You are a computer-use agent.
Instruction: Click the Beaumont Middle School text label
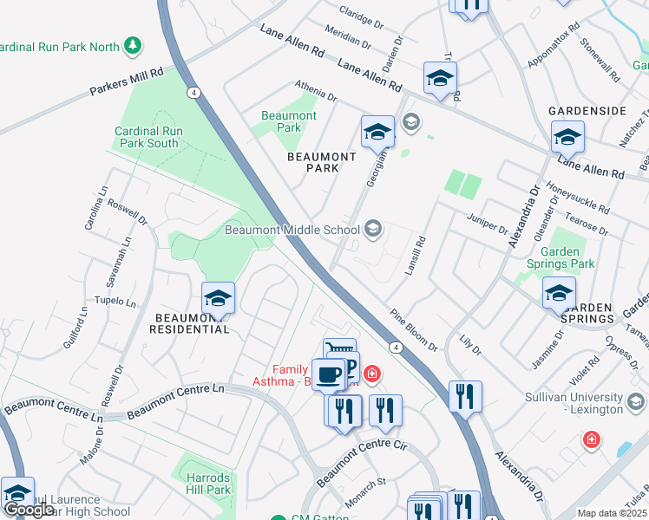pyautogui.click(x=292, y=230)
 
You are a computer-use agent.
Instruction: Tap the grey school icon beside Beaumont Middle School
pyautogui.click(x=374, y=229)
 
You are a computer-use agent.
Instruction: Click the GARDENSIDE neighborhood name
pyautogui.click(x=587, y=112)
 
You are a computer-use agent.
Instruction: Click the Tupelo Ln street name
pyautogui.click(x=118, y=303)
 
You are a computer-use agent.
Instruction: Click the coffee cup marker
pyautogui.click(x=328, y=374)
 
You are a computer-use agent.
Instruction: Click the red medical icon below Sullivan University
pyautogui.click(x=592, y=439)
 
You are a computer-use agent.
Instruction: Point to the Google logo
pyautogui.click(x=29, y=510)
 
